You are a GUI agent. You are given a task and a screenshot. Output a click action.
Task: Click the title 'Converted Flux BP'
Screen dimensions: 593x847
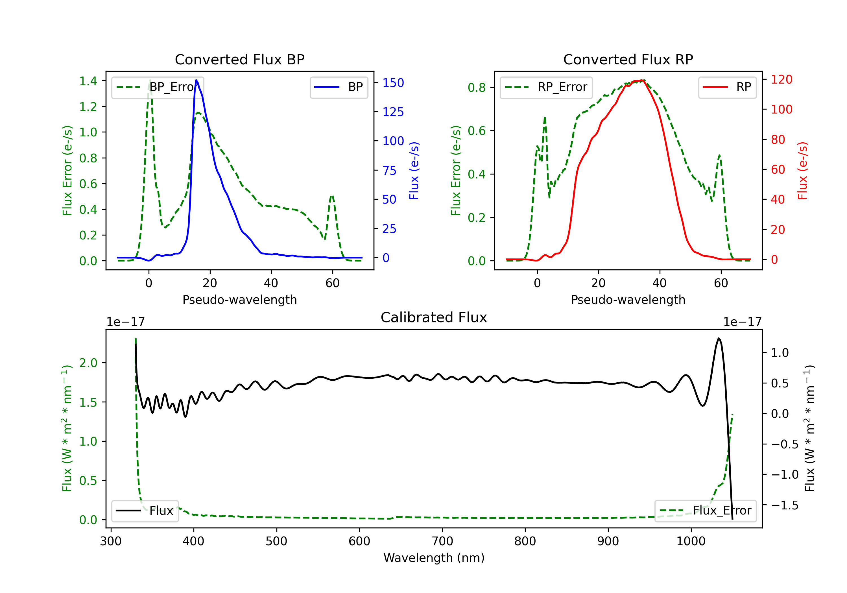click(x=239, y=59)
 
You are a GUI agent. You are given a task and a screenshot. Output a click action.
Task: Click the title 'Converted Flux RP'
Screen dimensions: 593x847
click(x=628, y=59)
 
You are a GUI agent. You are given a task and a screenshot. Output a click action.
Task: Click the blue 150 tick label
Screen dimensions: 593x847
click(x=393, y=83)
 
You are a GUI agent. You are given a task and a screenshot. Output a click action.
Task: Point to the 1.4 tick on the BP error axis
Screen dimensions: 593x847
click(x=88, y=81)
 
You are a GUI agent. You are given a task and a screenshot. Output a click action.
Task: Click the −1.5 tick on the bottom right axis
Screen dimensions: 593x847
click(x=784, y=505)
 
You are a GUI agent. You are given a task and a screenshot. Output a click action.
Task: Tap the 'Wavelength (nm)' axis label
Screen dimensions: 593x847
click(x=434, y=558)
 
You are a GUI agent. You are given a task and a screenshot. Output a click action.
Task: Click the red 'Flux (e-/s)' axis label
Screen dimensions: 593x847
click(x=803, y=171)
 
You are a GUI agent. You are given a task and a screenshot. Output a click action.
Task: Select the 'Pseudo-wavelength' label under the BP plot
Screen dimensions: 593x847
click(x=239, y=300)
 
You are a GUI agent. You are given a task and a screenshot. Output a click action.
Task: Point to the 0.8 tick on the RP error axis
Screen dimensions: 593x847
click(x=477, y=88)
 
